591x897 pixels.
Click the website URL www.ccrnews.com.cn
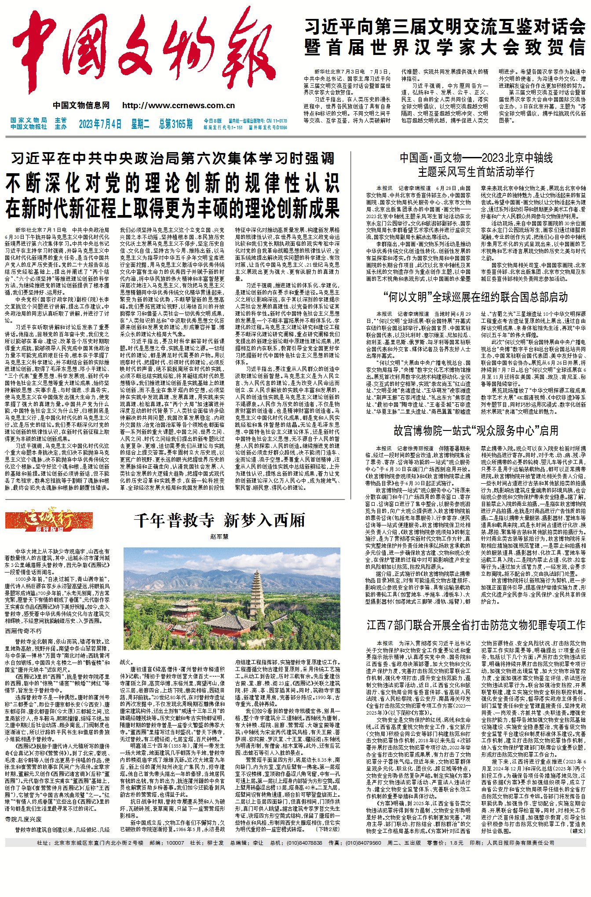click(x=179, y=106)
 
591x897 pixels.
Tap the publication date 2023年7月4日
click(x=100, y=124)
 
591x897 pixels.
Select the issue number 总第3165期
click(x=175, y=124)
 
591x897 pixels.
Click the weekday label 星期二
click(x=140, y=124)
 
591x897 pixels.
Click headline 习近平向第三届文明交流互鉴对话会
click(x=445, y=27)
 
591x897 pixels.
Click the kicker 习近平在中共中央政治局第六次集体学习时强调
click(x=172, y=159)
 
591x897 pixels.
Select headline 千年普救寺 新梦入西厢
click(x=219, y=521)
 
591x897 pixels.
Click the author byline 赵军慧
click(x=219, y=536)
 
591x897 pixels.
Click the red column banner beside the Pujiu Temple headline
click(x=43, y=521)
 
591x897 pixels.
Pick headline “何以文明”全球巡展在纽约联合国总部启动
click(x=475, y=297)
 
